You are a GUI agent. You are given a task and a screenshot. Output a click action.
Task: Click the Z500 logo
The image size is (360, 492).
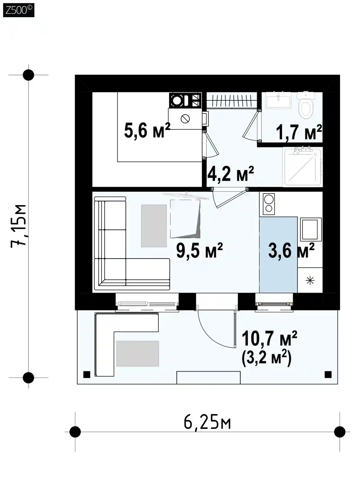tap(19, 10)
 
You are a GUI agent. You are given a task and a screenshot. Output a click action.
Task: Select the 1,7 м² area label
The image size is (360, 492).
tap(299, 132)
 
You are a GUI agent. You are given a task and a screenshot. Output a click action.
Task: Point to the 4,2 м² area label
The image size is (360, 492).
tap(230, 173)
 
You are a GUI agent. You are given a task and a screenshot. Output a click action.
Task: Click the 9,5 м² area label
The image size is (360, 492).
tap(199, 250)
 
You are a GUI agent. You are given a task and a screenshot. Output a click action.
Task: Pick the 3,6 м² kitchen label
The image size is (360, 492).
tap(291, 250)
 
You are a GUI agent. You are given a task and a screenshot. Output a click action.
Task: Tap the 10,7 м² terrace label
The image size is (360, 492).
tap(269, 339)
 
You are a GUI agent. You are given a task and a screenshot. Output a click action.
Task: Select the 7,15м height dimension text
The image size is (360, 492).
tap(18, 226)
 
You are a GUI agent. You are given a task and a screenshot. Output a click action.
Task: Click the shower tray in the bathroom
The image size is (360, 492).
tap(303, 167)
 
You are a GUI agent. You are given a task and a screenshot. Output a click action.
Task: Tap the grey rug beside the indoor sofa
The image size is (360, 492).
tap(154, 226)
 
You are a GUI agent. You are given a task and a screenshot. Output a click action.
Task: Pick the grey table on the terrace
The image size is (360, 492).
tap(137, 354)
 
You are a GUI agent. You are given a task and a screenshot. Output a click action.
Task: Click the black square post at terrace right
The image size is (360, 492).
tap(328, 374)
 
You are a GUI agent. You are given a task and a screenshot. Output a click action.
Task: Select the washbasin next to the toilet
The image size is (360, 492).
tap(278, 100)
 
